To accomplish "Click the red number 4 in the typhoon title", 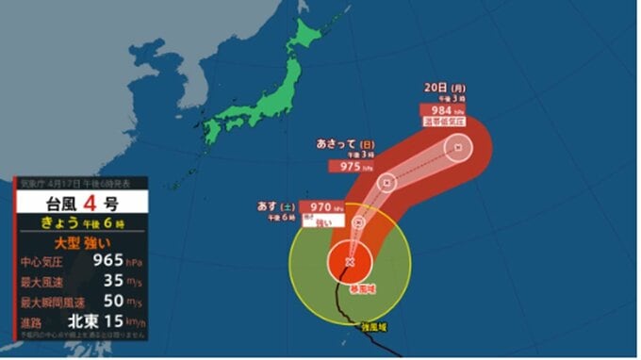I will [x=93, y=202].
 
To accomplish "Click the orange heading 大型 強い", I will [x=73, y=242].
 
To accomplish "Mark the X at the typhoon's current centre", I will [x=350, y=261].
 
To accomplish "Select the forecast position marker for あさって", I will [x=386, y=183].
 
